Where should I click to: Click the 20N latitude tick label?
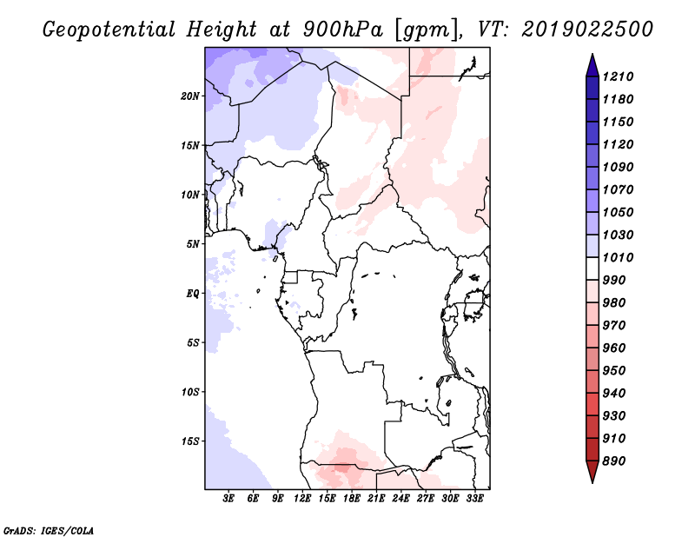pos(190,96)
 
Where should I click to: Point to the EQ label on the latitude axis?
pos(192,294)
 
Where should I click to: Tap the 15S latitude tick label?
pos(190,441)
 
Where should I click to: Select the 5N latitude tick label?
pos(193,244)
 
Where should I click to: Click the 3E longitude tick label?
pos(228,499)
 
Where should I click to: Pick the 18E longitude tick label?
pos(352,499)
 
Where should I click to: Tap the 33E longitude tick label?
pos(474,499)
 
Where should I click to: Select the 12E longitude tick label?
pos(302,499)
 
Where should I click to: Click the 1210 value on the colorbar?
pos(618,76)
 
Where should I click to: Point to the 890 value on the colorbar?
pos(614,461)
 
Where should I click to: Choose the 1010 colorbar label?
pos(618,257)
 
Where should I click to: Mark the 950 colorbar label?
pos(614,371)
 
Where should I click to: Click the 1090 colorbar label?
pos(618,167)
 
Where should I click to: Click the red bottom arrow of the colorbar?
pos(592,472)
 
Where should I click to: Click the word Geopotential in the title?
pos(109,30)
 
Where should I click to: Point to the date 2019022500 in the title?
pos(587,29)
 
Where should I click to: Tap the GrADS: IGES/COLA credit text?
pos(49,531)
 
